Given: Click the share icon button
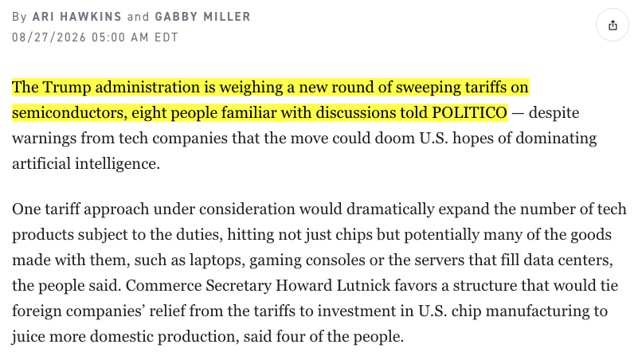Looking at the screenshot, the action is pos(612,25).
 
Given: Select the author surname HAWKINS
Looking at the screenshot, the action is pos(91,17).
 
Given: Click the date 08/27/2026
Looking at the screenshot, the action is pos(49,37).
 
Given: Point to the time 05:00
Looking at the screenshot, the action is pos(108,37).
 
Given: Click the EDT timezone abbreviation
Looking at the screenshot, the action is pos(166,37).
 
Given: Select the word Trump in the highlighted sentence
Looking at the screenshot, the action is pos(67,88).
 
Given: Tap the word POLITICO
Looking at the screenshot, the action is pos(469,112).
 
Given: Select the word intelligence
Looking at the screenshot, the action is pos(117,164).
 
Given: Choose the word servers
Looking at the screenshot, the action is pos(440,260).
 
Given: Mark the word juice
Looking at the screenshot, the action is pos(28,337).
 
